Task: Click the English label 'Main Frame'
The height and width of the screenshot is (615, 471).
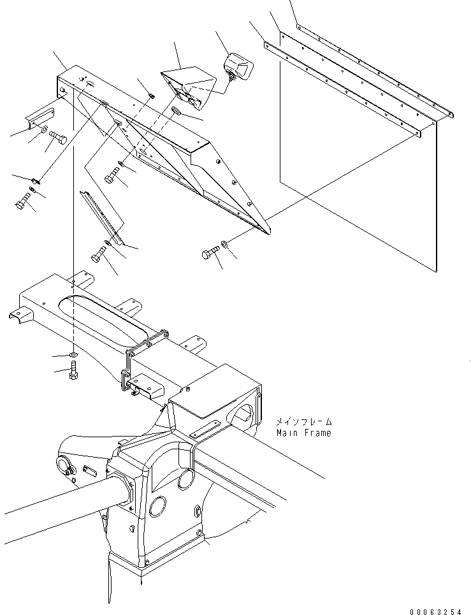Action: click(303, 433)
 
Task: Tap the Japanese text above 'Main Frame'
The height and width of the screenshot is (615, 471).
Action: click(304, 422)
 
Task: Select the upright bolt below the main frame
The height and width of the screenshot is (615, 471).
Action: click(72, 370)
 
